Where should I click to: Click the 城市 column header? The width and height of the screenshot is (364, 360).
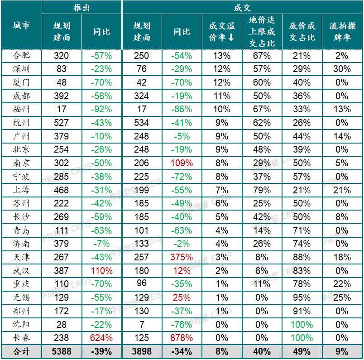point(21,25)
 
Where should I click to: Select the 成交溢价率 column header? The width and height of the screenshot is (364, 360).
point(222,32)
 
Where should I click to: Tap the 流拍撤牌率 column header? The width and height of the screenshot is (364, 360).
point(342,32)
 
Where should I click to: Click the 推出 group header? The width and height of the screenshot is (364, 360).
point(82,8)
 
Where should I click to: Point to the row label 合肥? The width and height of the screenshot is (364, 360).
point(21,56)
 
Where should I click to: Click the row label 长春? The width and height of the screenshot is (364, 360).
point(21,338)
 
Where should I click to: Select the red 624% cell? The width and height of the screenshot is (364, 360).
point(102,338)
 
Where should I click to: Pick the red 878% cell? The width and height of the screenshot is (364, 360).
point(182,338)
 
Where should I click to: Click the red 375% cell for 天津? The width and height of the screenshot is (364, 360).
point(182,257)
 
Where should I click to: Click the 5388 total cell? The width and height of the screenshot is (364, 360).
point(62,351)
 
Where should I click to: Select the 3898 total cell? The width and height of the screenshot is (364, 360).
point(142,351)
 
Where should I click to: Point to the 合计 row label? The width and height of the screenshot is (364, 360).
point(21,351)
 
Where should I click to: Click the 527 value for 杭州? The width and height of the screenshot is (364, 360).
point(62,123)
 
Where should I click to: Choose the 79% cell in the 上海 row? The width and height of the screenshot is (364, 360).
point(262,190)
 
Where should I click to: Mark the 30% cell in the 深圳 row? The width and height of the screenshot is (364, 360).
point(342,69)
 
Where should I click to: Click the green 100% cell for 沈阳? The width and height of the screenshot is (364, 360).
point(302,325)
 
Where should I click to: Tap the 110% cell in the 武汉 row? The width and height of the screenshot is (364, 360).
point(102,271)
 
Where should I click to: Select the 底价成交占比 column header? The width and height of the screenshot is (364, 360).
point(302,32)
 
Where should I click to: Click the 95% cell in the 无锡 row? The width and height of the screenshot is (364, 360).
point(302,298)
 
